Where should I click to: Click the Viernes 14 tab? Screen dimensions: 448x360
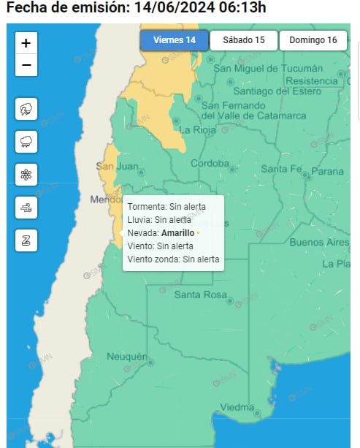pos(174,40)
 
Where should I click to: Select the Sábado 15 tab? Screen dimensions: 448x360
pos(243,40)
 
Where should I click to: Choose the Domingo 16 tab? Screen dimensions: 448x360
pos(313,40)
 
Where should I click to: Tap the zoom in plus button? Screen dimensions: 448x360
pos(26,43)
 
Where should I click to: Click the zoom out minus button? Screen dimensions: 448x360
pos(26,65)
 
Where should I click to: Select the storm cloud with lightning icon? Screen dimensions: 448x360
pos(26,110)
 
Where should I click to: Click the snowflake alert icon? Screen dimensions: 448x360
pos(26,175)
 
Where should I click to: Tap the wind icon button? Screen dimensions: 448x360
pos(26,208)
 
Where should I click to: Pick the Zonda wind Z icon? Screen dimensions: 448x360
pos(26,240)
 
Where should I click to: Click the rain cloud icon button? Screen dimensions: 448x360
pos(26,142)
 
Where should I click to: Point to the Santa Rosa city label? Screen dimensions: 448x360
pos(200,295)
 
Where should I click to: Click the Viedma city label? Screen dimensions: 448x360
pos(237,407)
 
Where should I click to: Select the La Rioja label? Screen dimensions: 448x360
pos(196,129)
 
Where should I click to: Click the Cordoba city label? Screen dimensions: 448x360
pos(210,163)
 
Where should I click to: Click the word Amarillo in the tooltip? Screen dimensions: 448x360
pos(177,232)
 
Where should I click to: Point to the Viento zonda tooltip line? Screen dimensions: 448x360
pos(173,259)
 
